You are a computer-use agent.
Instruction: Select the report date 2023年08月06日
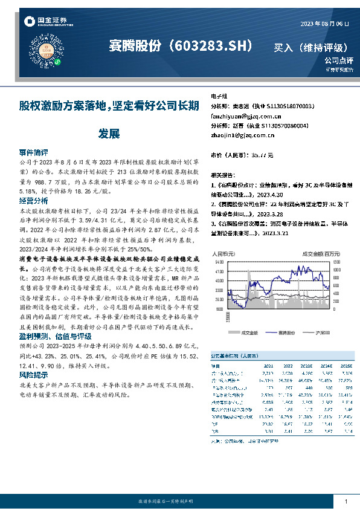pos(324,24)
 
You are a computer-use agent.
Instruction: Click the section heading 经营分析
pos(33,200)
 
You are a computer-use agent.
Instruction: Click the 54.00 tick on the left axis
pos(219,262)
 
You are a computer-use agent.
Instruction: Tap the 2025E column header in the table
pos(346,365)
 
